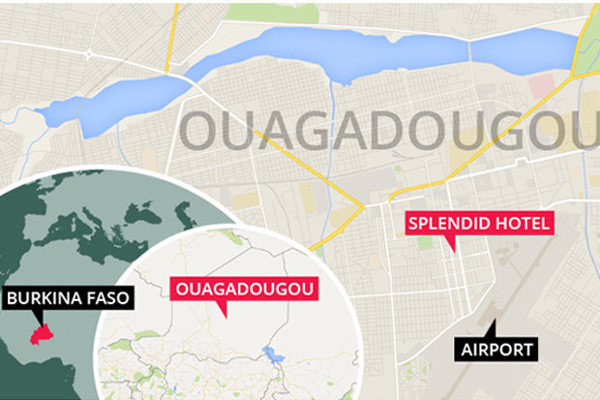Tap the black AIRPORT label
pos(496,349)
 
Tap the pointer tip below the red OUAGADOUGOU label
pos(224,313)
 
